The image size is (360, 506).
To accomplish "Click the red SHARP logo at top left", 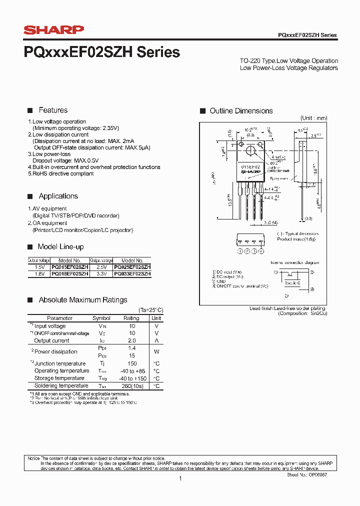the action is click(x=54, y=30).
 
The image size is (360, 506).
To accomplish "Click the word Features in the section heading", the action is click(x=53, y=110).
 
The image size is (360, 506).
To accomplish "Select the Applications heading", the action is click(x=58, y=196).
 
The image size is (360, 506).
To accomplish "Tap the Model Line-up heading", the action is click(x=60, y=247).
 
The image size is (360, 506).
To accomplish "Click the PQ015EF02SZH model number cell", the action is click(x=69, y=267).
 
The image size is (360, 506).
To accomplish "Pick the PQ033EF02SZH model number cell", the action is click(x=132, y=274).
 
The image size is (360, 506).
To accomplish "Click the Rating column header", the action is click(x=131, y=318).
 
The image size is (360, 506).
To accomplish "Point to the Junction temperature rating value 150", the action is click(x=132, y=363).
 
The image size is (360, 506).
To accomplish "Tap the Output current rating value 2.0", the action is click(x=132, y=340).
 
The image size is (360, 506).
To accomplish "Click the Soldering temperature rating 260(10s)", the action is click(x=132, y=386).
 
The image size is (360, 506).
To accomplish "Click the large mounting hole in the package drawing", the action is click(x=249, y=150).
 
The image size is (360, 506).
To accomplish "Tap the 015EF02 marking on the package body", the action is click(x=250, y=166).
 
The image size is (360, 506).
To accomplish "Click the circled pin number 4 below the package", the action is click(x=260, y=251).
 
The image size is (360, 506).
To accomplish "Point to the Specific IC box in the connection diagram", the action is click(x=292, y=283).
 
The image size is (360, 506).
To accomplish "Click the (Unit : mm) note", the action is click(x=313, y=118).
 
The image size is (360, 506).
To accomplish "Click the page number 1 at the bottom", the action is click(x=180, y=479).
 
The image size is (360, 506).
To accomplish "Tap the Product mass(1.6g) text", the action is click(x=297, y=239).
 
